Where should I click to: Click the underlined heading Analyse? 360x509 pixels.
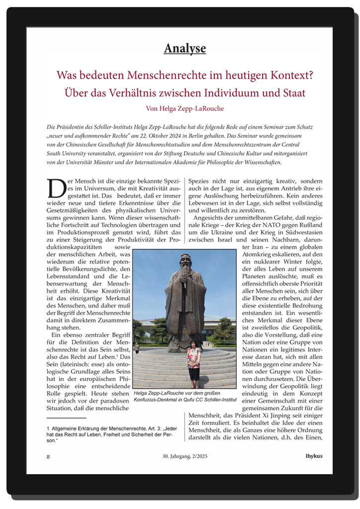[184, 48]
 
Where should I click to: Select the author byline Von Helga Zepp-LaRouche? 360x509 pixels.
[184, 108]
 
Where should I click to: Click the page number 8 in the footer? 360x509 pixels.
[48, 456]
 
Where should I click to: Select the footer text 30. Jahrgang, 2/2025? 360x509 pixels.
[184, 456]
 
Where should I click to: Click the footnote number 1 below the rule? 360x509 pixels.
[47, 427]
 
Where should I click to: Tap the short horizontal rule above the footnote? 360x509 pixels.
[66, 419]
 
